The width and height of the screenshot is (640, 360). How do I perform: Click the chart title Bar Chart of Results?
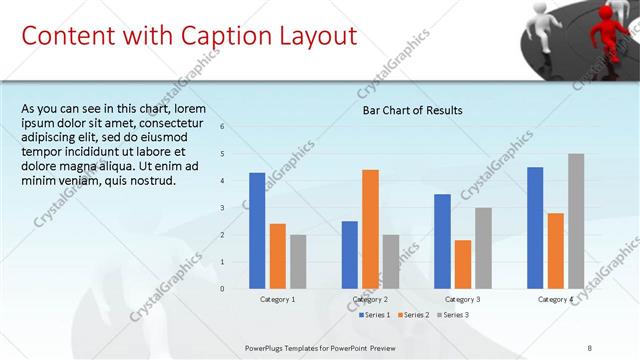412,110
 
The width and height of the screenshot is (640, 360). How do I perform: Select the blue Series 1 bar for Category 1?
257,230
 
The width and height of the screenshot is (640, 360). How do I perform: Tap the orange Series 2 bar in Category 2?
370,228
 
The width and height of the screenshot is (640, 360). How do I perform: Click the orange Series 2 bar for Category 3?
462,263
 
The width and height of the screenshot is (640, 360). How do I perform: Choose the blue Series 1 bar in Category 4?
535,227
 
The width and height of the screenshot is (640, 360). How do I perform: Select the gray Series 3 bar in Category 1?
298,261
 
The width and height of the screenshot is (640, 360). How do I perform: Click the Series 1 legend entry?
375,315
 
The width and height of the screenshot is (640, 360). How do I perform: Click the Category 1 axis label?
278,299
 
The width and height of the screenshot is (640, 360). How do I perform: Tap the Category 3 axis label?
463,299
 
